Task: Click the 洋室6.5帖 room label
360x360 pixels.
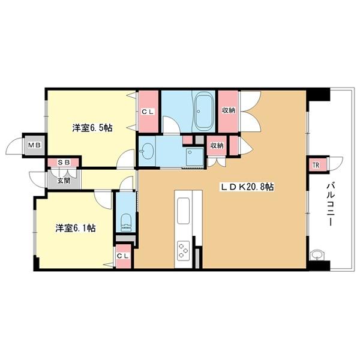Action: [x=92, y=128]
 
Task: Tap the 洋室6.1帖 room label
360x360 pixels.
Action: [x=76, y=228]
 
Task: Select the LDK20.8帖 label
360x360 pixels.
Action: [x=247, y=187]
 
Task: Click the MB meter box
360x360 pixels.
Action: [x=35, y=145]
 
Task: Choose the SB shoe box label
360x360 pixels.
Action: [x=64, y=163]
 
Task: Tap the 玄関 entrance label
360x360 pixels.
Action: [x=64, y=181]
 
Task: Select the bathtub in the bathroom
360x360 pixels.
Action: [x=204, y=112]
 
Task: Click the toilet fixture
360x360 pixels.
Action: [x=125, y=223]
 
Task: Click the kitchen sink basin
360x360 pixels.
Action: [x=183, y=211]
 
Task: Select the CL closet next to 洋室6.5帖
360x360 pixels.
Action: [x=148, y=112]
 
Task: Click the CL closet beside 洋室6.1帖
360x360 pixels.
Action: [x=123, y=256]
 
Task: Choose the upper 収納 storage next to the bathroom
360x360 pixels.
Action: [x=228, y=111]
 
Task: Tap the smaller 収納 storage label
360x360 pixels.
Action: [x=217, y=145]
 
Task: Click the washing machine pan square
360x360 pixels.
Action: [x=195, y=157]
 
